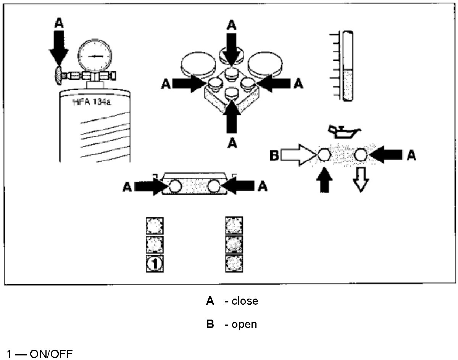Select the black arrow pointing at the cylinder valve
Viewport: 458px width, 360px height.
coord(59,48)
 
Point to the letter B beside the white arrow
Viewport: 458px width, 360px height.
coord(275,155)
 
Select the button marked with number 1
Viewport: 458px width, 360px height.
coord(155,263)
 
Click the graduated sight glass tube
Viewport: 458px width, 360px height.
coord(348,67)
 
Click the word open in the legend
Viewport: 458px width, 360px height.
coord(244,325)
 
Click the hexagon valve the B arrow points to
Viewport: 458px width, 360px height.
coord(324,155)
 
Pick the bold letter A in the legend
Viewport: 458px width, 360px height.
coord(210,301)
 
